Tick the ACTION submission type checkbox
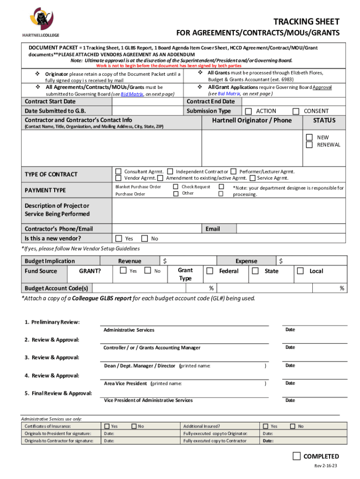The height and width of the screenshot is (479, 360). point(248,111)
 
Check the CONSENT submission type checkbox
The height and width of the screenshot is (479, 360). point(295,111)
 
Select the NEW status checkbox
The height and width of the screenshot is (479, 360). point(309,138)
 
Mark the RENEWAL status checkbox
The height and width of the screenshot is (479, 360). point(309,145)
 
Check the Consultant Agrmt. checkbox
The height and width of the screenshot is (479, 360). point(119,172)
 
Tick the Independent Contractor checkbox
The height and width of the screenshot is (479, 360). point(170,172)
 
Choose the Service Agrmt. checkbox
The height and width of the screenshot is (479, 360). point(252,178)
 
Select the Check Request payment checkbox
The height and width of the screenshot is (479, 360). point(175,187)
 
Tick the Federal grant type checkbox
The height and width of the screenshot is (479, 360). point(210,271)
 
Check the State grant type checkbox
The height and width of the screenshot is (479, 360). point(255,271)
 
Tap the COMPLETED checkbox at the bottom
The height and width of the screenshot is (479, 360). point(296,456)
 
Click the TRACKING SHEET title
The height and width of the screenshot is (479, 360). point(306,22)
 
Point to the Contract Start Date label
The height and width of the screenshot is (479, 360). point(50,102)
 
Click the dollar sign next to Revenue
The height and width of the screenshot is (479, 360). point(165,261)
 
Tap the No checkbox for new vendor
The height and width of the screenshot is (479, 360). point(144,239)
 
